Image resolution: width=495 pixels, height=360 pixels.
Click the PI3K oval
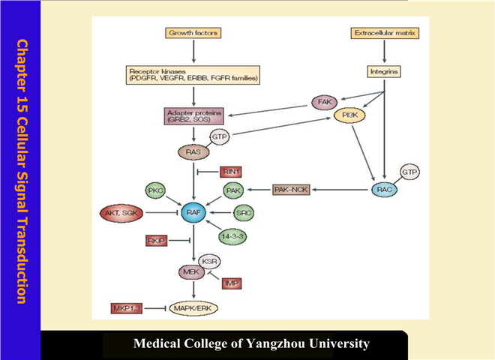tap(349, 117)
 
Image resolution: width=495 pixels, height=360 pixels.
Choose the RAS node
tap(193, 151)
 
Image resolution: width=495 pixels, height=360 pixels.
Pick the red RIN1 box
tap(231, 172)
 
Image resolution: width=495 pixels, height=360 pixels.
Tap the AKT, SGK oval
tap(121, 214)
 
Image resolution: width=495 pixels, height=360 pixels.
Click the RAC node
tap(386, 190)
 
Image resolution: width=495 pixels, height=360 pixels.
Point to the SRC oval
tap(243, 214)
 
